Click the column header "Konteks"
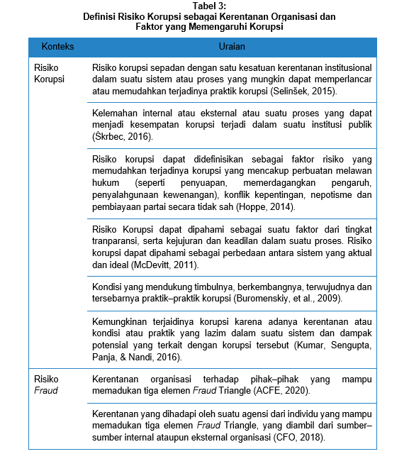(58, 47)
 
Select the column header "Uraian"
(232, 47)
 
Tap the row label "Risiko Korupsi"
(49, 73)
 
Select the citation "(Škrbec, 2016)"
(122, 136)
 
